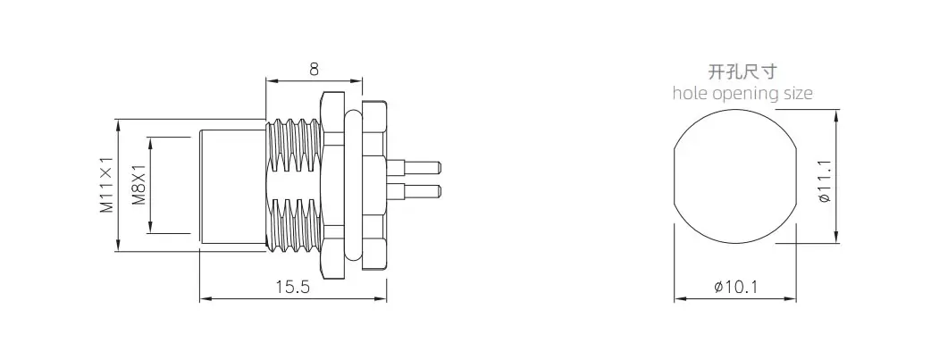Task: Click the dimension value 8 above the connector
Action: tap(314, 70)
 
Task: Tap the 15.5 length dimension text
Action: tap(293, 288)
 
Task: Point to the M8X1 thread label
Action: tap(139, 185)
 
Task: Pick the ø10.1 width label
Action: tap(736, 288)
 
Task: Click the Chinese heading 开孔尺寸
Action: tap(742, 72)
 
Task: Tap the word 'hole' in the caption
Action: tap(691, 93)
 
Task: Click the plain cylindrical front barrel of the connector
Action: tap(232, 185)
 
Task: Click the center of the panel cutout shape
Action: tap(735, 177)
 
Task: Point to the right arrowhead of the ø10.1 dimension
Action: tap(791, 299)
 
